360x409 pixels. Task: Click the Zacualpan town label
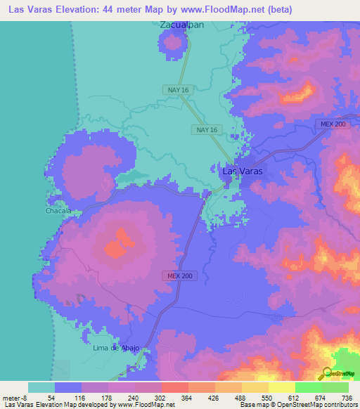click(182, 25)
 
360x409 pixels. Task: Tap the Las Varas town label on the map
click(243, 171)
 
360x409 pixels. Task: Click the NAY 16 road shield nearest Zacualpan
click(179, 89)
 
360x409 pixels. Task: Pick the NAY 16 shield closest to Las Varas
click(207, 130)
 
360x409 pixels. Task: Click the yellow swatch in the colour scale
click(281, 387)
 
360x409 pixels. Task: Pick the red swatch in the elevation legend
click(174, 387)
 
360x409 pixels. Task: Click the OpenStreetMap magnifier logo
click(328, 373)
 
